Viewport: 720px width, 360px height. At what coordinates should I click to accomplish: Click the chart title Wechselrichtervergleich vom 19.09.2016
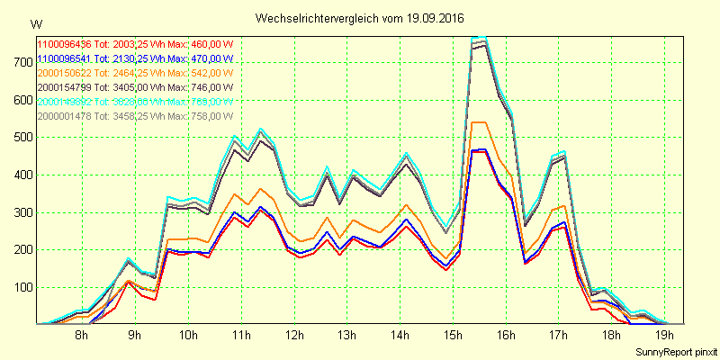coord(360,18)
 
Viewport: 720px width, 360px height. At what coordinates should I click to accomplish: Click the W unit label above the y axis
coord(35,23)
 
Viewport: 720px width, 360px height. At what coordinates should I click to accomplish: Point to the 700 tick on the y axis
coord(21,61)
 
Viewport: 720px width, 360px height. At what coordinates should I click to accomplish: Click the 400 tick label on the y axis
coord(21,175)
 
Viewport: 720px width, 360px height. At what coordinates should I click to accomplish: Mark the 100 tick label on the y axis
coord(21,287)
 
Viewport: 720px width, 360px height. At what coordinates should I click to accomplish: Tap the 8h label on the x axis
coord(81,336)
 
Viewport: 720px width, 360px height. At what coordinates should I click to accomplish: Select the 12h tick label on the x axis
coord(294,336)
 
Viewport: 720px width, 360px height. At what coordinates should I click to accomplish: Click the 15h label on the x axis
coord(453,336)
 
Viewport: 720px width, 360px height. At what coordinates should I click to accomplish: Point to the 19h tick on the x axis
coord(664,336)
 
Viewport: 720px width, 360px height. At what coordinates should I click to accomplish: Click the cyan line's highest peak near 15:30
coord(479,38)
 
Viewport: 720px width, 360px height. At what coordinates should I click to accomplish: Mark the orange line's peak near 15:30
coord(479,122)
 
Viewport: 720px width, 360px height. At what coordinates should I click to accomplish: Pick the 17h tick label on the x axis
coord(559,336)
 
